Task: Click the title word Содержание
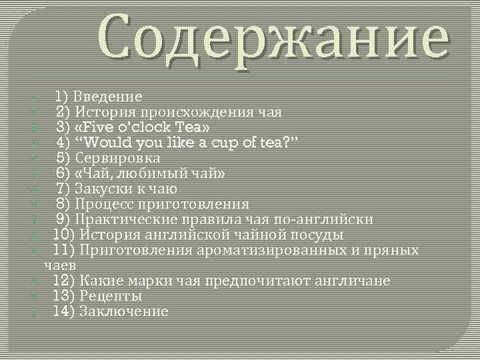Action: pos(273,39)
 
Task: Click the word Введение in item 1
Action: pos(108,97)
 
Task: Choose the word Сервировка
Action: pos(117,158)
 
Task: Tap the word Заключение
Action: pos(123,311)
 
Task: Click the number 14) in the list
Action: pos(64,311)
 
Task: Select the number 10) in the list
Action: pos(64,235)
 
